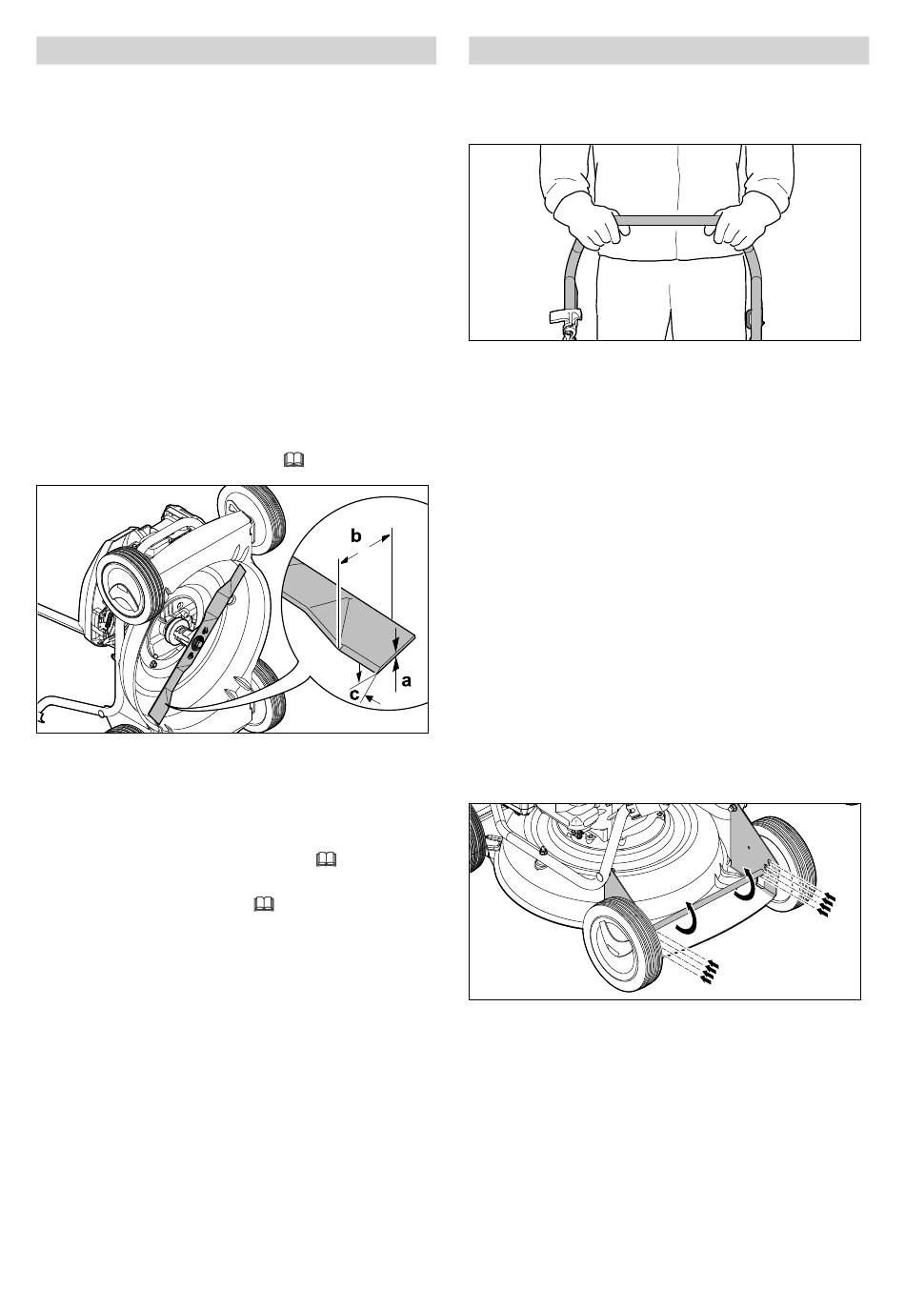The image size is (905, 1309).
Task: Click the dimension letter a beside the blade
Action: click(407, 680)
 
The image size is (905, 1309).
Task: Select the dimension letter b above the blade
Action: click(355, 534)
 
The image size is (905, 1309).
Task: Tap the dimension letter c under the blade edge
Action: click(354, 695)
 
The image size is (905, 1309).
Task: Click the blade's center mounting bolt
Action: click(195, 643)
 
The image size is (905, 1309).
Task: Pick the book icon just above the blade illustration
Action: click(294, 461)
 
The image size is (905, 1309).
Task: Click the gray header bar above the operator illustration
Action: click(669, 50)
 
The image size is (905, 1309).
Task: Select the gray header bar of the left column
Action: click(236, 50)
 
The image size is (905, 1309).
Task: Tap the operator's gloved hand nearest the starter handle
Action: click(587, 221)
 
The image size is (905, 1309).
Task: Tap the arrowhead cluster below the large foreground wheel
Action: click(708, 973)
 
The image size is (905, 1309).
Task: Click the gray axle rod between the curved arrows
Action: click(710, 904)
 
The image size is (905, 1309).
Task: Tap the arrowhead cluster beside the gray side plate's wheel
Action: click(826, 903)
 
